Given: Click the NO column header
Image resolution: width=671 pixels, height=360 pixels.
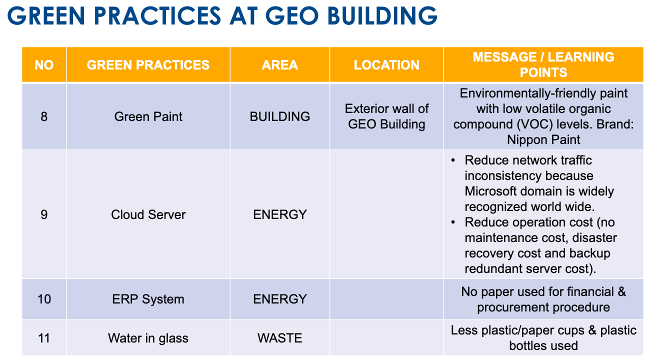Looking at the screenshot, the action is (x=44, y=65).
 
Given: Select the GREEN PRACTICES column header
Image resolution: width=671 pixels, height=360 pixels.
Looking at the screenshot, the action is (x=148, y=65).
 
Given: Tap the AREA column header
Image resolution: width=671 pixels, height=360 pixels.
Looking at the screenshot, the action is (x=280, y=65).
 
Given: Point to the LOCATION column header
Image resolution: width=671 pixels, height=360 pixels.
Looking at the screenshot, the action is (x=386, y=65).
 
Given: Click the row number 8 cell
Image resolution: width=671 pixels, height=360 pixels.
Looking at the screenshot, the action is (x=44, y=116).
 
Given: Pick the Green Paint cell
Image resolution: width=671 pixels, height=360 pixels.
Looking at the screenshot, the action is (x=148, y=116).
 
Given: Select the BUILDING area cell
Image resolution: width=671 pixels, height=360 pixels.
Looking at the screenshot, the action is (x=280, y=116).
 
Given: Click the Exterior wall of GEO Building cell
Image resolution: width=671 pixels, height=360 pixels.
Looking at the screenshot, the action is (x=386, y=116).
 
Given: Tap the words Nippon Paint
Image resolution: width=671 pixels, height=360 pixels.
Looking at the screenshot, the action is (x=543, y=140).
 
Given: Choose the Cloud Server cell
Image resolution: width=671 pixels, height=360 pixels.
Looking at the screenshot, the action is (x=148, y=214).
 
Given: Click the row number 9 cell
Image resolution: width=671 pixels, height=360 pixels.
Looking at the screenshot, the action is (x=44, y=214).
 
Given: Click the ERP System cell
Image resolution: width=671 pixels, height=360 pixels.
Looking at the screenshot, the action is (x=148, y=299).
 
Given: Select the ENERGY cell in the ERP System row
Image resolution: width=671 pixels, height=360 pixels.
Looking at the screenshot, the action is (x=280, y=299).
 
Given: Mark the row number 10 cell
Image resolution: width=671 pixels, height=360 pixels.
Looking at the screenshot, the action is (x=44, y=299).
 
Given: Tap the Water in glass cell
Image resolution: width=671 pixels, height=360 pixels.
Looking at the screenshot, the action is (x=148, y=338).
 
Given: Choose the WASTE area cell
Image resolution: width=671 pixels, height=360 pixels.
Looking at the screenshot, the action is (x=280, y=338).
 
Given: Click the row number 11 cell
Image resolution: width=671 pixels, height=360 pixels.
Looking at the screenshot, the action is (x=44, y=338).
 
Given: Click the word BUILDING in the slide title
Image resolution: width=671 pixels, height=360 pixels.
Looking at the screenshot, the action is (x=382, y=15).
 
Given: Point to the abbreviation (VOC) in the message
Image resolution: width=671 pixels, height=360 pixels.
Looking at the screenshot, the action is (x=534, y=124).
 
